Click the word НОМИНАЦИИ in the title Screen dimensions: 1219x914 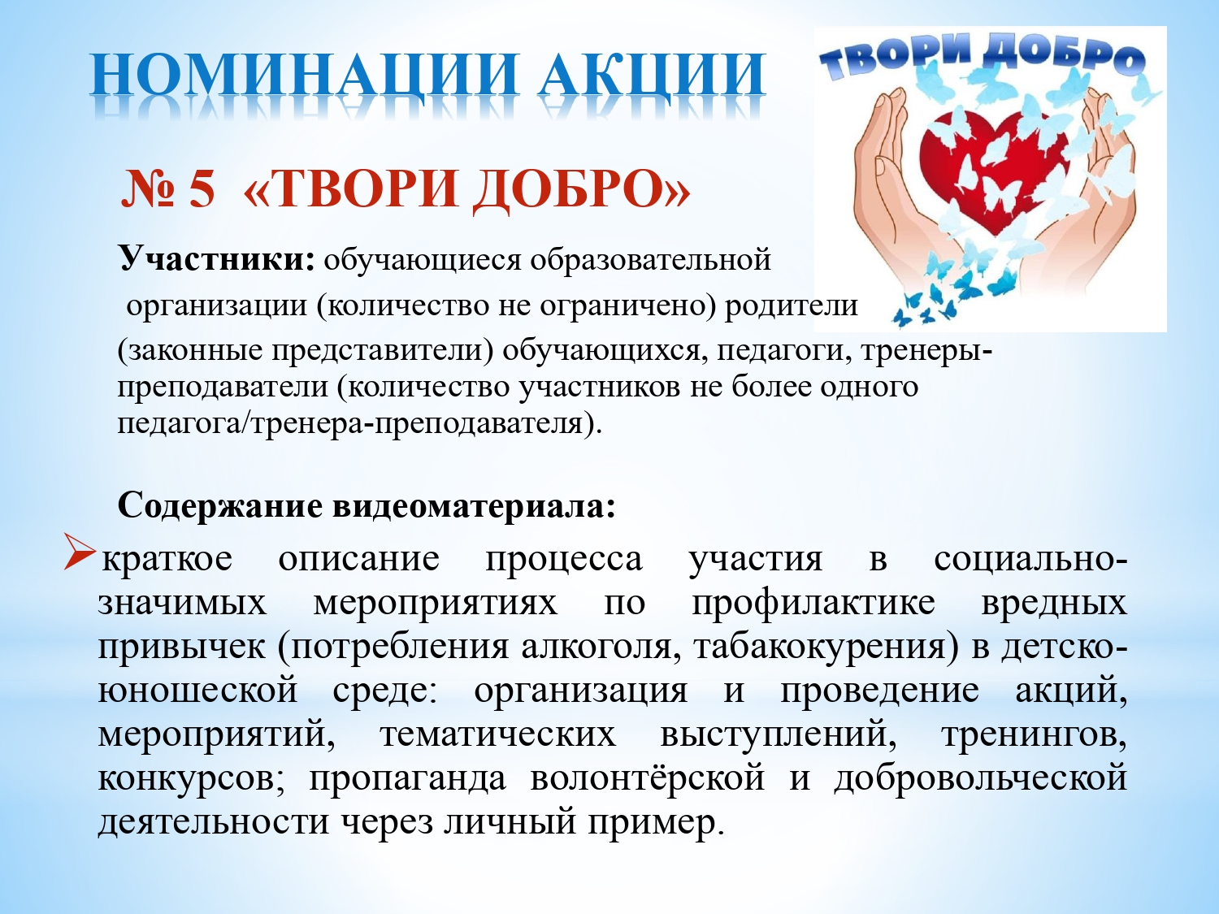[x=305, y=76]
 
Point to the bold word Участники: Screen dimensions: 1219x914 [x=217, y=258]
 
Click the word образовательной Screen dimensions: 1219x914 [x=650, y=259]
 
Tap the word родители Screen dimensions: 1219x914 [x=791, y=305]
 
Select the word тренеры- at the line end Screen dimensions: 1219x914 [x=926, y=352]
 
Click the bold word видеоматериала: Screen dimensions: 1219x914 [x=475, y=506]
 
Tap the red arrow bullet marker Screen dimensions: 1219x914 [x=80, y=552]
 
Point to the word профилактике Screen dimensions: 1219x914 [x=813, y=604]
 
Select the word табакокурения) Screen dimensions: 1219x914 [x=826, y=647]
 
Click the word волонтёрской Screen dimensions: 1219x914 [x=648, y=778]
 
